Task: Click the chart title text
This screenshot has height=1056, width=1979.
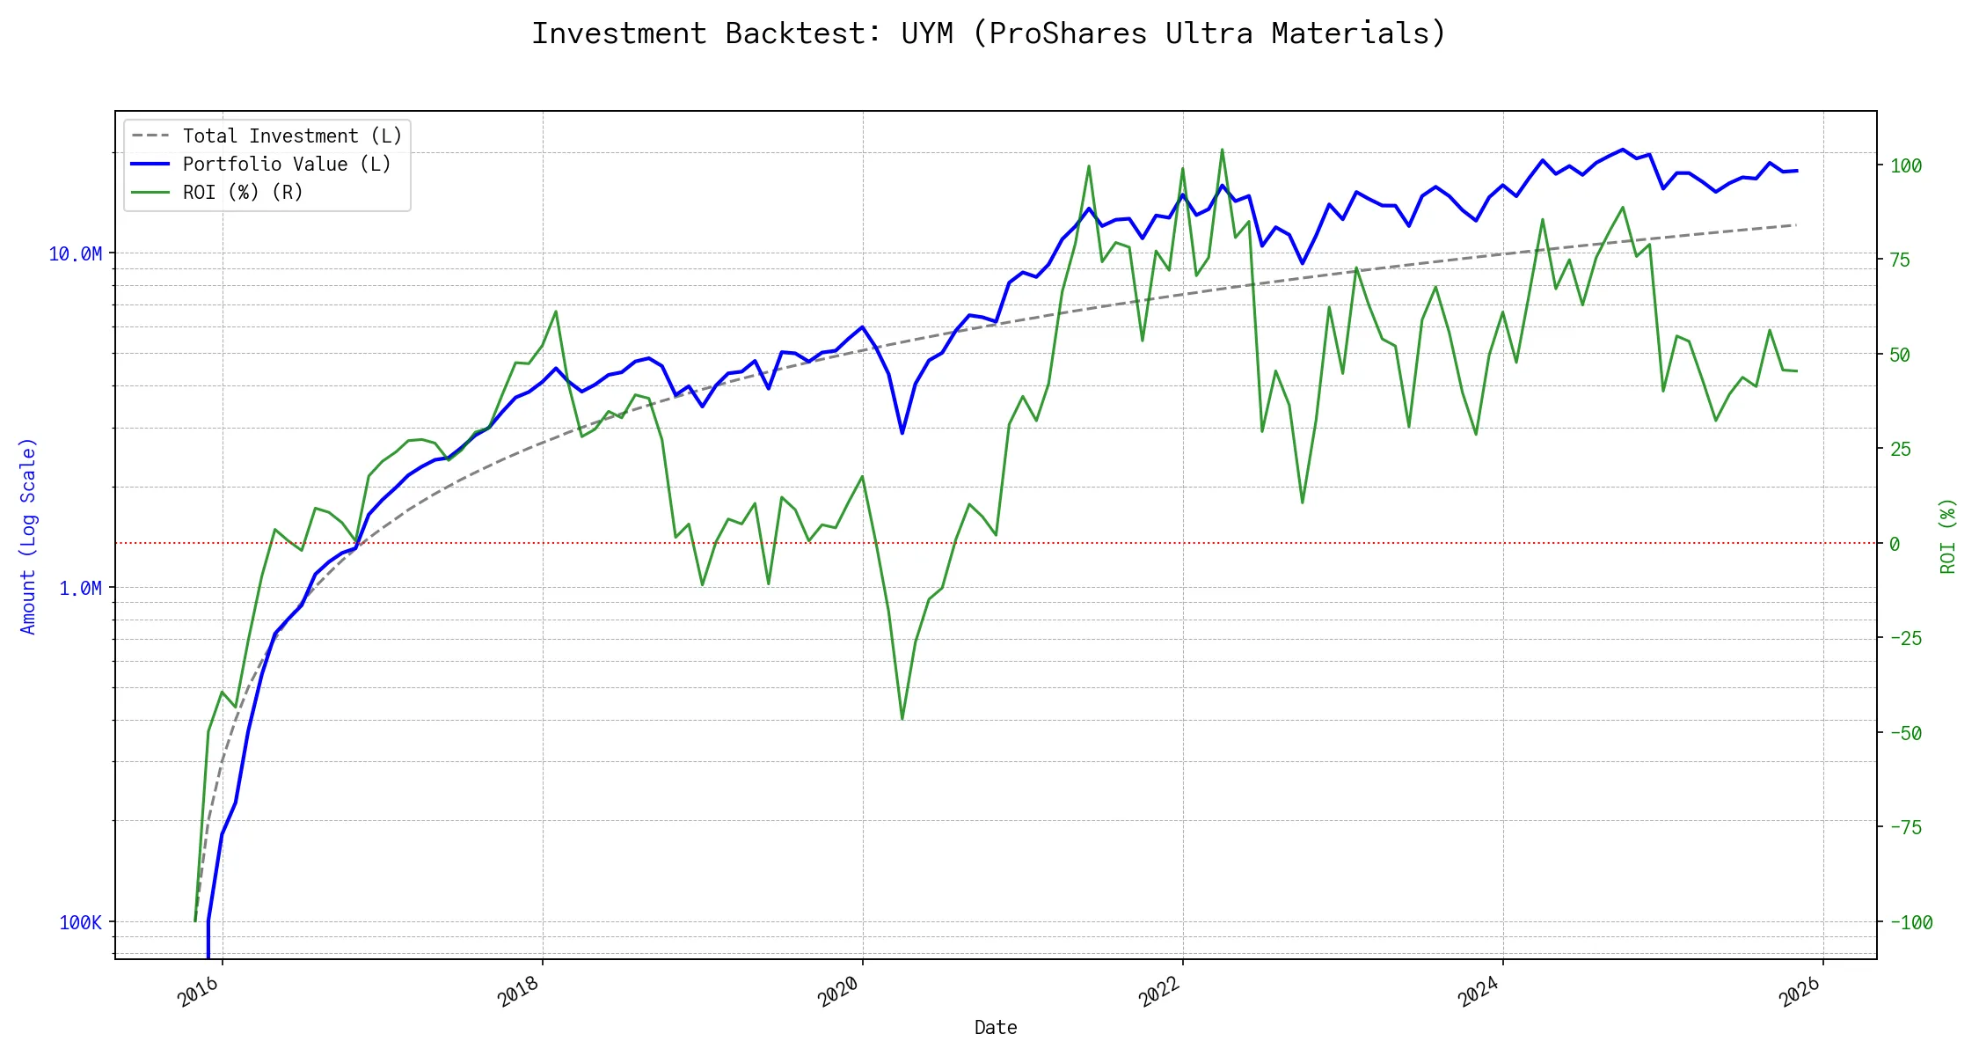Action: coord(989,33)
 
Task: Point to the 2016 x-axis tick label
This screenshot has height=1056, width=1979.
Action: coord(199,992)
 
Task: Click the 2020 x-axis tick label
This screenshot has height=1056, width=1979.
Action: coord(839,992)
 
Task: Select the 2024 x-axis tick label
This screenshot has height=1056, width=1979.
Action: coord(1479,992)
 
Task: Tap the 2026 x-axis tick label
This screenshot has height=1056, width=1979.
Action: coord(1800,992)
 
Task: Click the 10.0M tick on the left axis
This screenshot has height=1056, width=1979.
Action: coord(75,254)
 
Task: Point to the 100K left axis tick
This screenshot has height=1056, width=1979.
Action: coord(80,923)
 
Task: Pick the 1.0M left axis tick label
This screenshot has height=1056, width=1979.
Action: coord(80,589)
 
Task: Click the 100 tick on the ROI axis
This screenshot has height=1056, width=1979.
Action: coord(1905,166)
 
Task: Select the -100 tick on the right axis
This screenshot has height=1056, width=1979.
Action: coord(1910,923)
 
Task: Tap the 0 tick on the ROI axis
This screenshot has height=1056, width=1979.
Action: coord(1895,545)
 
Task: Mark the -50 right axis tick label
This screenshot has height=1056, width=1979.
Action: coord(1905,734)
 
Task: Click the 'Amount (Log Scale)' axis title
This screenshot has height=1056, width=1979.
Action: coord(28,536)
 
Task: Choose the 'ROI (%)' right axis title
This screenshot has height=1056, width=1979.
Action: coord(1947,536)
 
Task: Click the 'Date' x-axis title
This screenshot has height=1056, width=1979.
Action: coord(996,1028)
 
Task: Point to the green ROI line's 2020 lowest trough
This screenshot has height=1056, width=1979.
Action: coord(902,719)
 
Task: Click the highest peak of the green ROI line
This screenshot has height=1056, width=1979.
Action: coord(1222,150)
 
